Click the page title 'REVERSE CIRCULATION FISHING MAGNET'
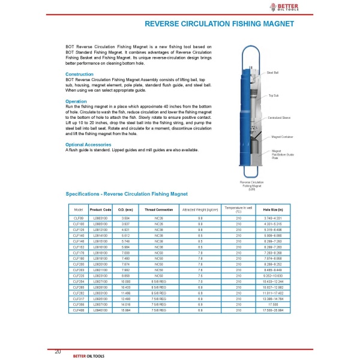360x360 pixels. tap(220, 25)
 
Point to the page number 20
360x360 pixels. tap(58, 351)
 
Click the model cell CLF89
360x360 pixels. tap(78, 217)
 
